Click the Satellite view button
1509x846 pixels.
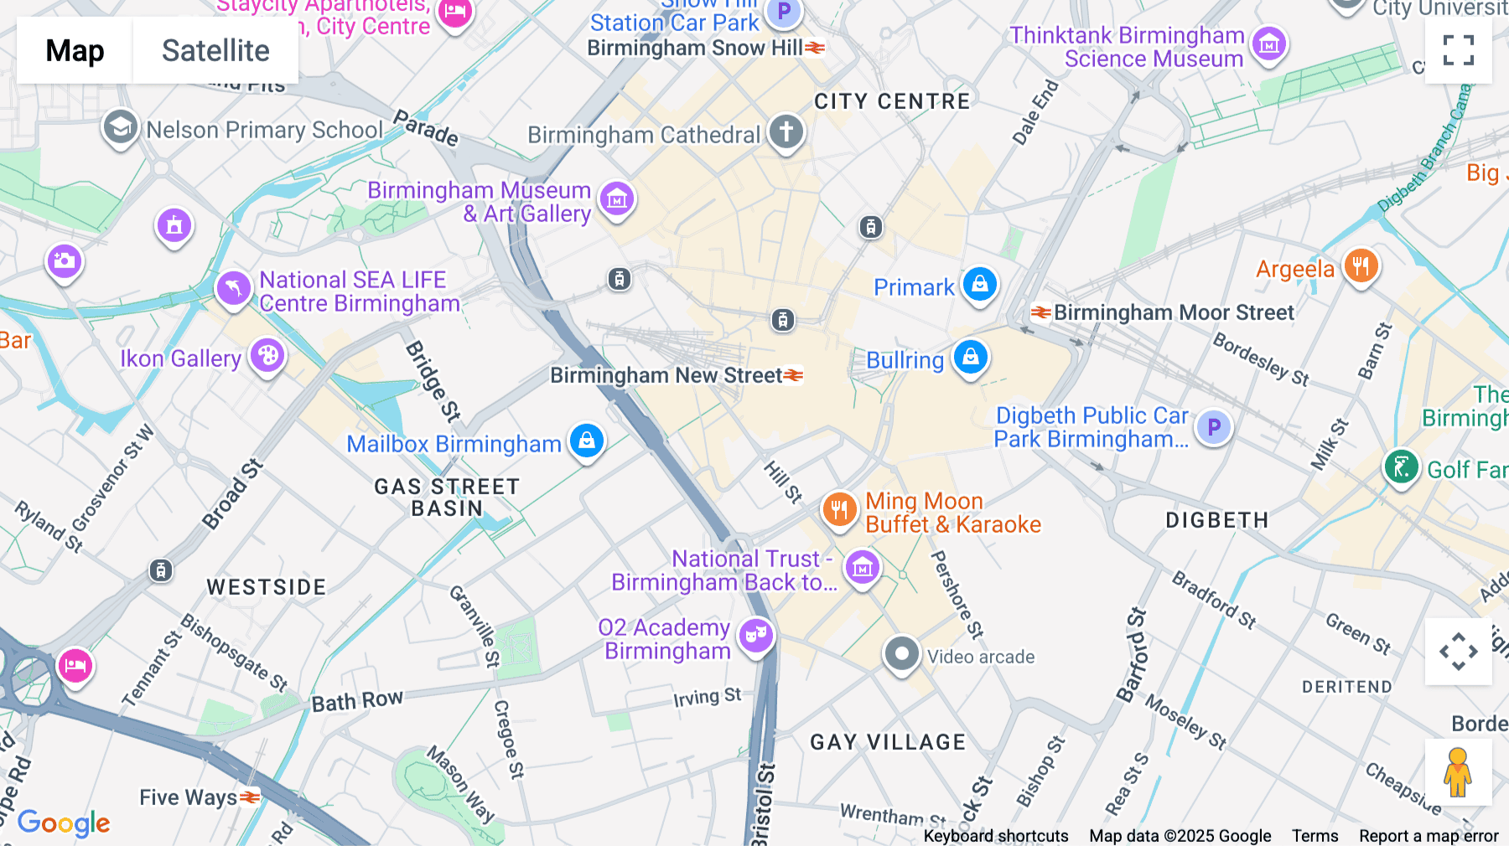215,50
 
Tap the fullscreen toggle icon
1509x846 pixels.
1458,50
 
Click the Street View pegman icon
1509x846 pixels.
1458,772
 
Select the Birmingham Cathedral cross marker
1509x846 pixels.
786,132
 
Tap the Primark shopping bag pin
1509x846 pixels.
979,284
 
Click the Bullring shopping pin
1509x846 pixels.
970,357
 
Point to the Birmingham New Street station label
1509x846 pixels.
666,375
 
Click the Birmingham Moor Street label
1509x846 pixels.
1173,312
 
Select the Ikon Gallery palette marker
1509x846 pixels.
267,356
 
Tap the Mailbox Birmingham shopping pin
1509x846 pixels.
587,440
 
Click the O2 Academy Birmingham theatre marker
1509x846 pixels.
756,636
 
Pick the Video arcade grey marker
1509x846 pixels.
901,653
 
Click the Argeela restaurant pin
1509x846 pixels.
1361,266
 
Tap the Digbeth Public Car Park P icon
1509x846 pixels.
1213,428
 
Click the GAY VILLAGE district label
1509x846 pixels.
888,742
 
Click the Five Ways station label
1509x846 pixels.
189,797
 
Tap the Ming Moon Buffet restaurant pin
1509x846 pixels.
838,508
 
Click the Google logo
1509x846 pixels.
64,823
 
